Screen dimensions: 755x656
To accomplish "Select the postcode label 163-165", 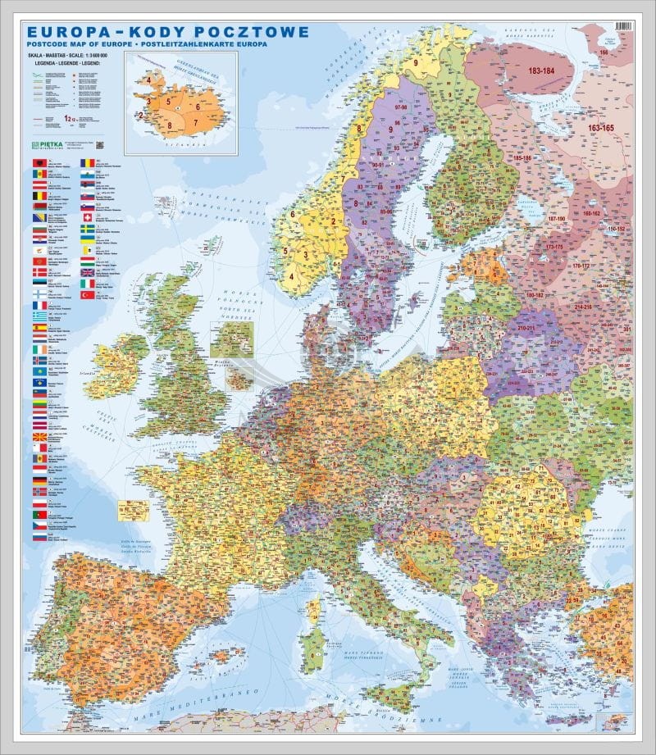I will click(x=600, y=129).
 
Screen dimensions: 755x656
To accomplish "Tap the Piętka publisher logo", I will click(x=49, y=145).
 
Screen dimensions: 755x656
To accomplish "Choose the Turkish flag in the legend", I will click(x=86, y=283).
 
